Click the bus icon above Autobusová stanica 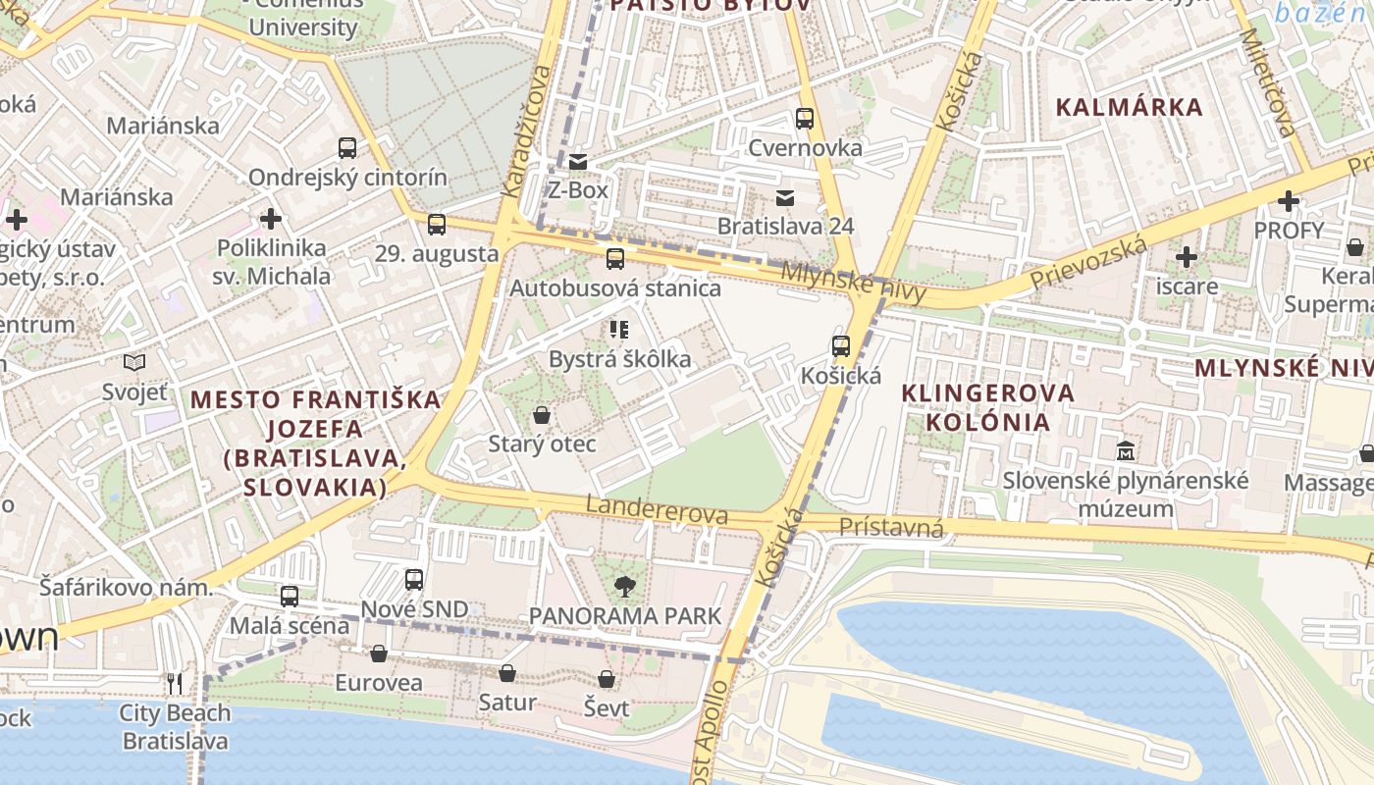615,259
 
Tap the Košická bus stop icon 841,346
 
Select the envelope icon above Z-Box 578,162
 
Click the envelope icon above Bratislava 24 785,198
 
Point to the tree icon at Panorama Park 624,588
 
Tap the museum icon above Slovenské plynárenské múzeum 1125,452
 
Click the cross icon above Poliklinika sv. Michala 272,219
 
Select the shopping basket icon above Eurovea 379,654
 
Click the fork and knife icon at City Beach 175,683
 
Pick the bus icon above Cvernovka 805,119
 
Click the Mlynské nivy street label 854,282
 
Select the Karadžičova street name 525,131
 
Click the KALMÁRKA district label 1129,108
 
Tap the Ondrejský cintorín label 347,178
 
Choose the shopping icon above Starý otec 542,416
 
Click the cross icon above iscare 1187,258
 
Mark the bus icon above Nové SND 414,580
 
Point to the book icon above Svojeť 134,363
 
